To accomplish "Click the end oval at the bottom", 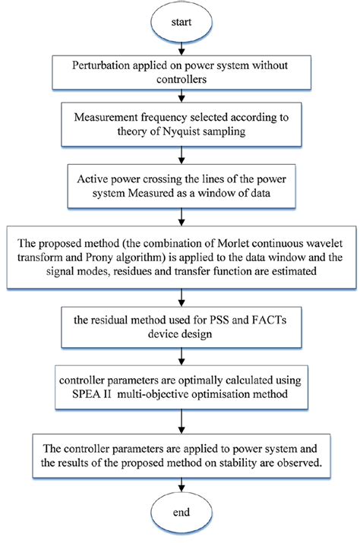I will (179, 514).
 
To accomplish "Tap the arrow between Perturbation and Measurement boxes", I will (179, 96).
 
